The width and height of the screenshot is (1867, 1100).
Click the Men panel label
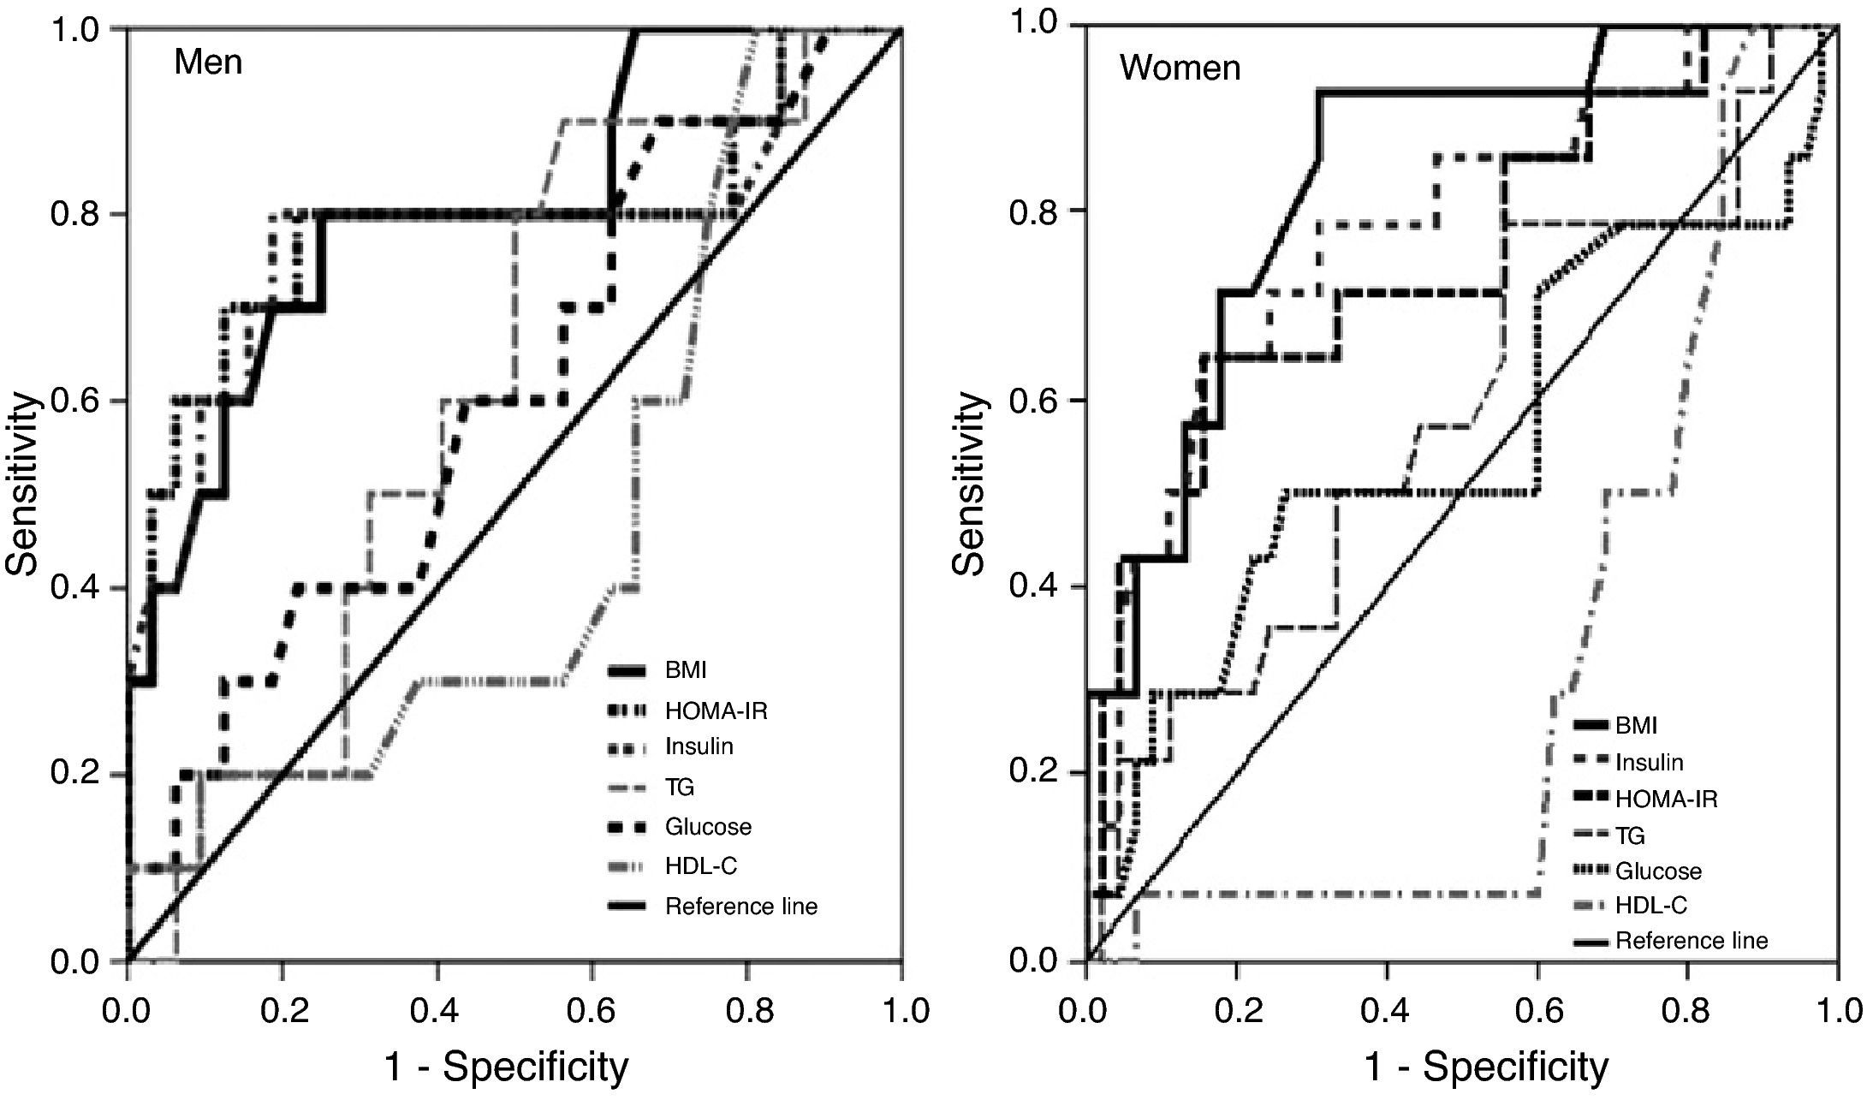208,62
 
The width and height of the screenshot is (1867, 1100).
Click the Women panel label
1180,68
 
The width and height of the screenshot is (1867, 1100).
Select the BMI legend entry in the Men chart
686,670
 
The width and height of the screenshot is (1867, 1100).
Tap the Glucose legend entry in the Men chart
708,827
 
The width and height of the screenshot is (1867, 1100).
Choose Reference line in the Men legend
740,907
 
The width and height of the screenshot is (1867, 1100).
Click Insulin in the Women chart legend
1649,763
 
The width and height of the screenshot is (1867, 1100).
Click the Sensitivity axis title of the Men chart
25,484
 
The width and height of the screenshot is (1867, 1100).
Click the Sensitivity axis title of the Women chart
972,484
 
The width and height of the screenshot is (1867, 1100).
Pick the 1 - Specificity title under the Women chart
1486,1067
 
